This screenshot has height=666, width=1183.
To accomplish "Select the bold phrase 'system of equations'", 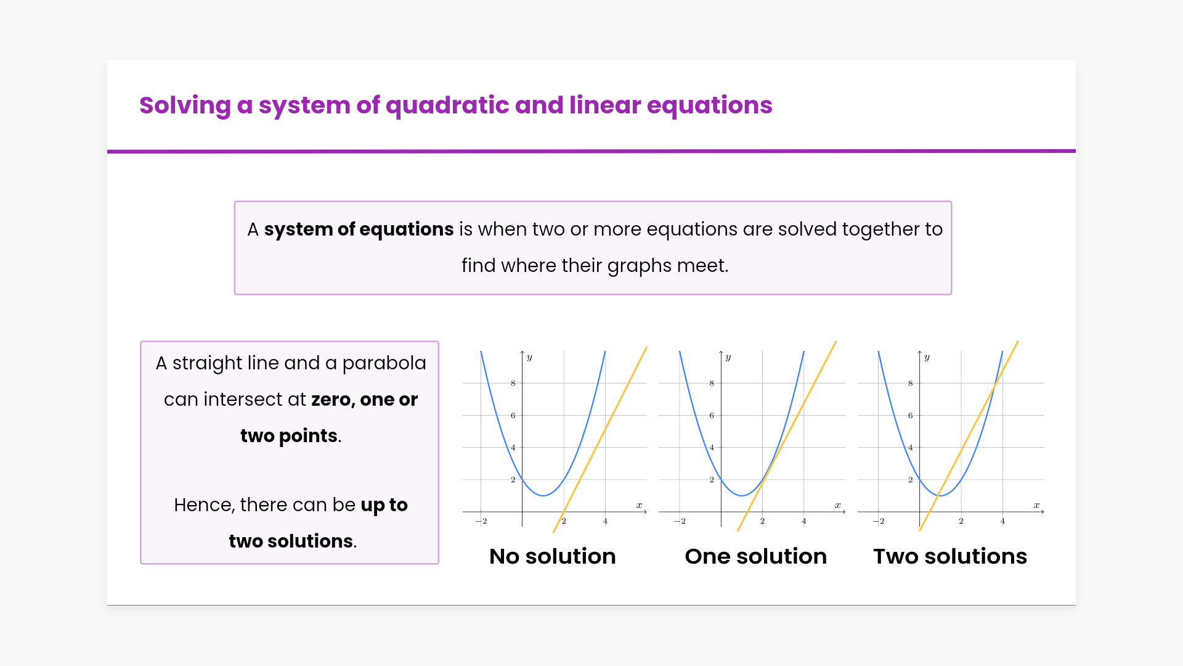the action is tap(359, 230).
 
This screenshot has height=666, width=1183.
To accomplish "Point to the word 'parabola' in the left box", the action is tap(384, 364).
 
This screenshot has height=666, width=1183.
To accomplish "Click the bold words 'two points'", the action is tap(289, 436).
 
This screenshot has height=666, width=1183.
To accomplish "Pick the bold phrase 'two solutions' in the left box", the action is tap(291, 541).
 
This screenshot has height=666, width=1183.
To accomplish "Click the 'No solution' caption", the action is tap(553, 556).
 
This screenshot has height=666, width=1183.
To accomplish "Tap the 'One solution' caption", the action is tap(756, 556).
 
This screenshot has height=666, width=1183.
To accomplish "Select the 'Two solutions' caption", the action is tap(950, 556).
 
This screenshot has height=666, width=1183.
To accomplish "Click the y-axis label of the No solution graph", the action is tap(529, 358).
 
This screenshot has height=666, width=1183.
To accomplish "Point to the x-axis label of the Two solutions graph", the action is tap(1036, 505).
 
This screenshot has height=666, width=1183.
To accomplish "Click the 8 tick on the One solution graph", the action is tap(712, 383).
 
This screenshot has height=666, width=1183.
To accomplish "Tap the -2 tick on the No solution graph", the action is tap(482, 521).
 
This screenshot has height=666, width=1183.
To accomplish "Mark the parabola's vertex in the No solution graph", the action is tap(543, 495).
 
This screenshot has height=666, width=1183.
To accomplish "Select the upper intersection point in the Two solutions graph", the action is tap(995, 386).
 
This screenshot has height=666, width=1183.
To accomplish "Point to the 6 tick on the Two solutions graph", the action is tap(910, 415).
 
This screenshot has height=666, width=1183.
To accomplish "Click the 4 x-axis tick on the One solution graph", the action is tap(804, 521).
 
